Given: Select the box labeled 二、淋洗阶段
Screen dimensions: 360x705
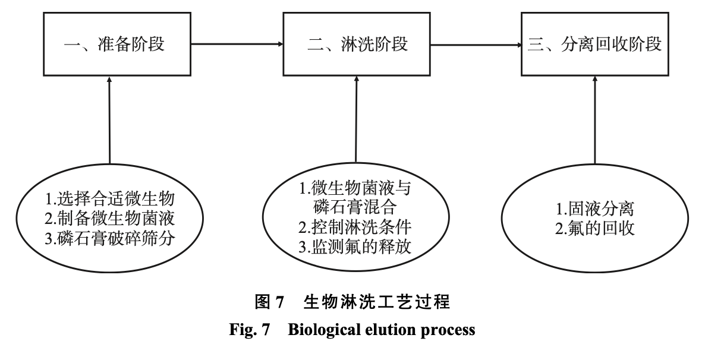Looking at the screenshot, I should click(355, 45).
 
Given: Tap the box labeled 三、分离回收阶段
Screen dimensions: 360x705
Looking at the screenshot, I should click(594, 45).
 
